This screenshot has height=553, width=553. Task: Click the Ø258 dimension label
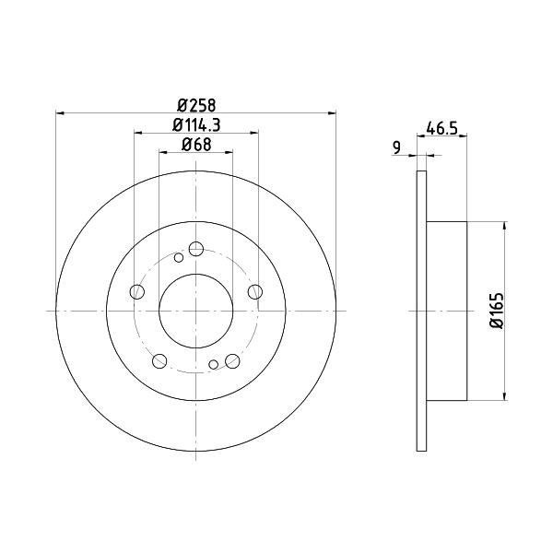(196, 105)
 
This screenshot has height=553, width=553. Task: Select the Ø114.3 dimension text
(196, 125)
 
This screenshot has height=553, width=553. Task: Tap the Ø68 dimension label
(196, 145)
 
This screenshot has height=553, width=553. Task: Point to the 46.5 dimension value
(441, 128)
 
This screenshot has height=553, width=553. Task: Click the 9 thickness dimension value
(396, 147)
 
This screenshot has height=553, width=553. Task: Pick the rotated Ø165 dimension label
(498, 311)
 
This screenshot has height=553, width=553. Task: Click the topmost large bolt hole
(196, 249)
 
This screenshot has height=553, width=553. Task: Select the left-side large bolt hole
(137, 292)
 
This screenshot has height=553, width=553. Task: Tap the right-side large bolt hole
(255, 292)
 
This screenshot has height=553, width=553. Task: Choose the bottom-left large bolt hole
(159, 360)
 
